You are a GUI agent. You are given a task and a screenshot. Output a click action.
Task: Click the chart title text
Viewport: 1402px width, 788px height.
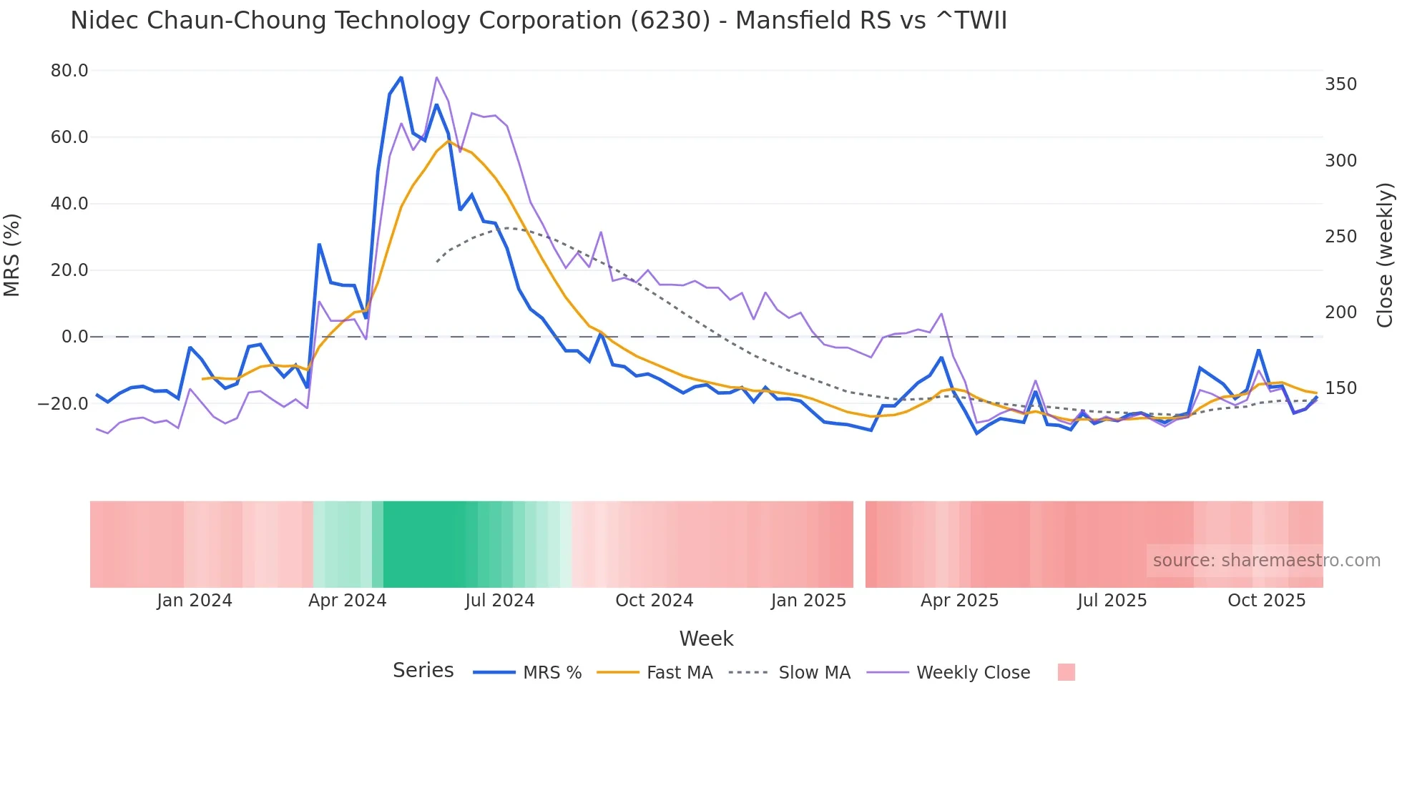pos(538,21)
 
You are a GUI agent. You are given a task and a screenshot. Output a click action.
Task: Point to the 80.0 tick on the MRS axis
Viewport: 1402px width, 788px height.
pos(69,71)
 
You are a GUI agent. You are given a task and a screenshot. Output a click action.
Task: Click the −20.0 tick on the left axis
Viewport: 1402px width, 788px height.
pos(63,404)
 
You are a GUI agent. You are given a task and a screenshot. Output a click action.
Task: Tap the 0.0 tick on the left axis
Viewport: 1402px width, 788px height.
pos(74,337)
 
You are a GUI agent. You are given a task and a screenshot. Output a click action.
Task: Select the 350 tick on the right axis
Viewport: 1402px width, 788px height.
pos(1340,84)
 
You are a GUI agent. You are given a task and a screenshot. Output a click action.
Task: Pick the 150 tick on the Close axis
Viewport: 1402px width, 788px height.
pos(1340,388)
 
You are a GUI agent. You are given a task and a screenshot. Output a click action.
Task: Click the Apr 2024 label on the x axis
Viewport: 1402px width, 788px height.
pos(347,601)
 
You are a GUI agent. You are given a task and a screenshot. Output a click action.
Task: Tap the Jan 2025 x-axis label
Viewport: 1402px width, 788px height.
pos(808,601)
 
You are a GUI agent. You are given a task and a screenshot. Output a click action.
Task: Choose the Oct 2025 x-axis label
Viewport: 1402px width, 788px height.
pos(1266,601)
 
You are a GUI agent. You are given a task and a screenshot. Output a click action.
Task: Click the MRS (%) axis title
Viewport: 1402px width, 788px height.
pos(12,255)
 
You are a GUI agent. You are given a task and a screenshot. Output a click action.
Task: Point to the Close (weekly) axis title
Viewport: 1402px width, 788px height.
pos(1385,255)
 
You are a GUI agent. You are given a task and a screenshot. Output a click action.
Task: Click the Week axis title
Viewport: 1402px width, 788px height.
pos(706,639)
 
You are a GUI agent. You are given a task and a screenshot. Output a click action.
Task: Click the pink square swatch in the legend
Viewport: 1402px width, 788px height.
pos(1066,673)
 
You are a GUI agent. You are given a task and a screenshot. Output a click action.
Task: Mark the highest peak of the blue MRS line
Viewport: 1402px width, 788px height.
pos(401,77)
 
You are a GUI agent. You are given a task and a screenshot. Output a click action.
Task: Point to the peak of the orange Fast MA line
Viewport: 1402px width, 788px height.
pos(448,141)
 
